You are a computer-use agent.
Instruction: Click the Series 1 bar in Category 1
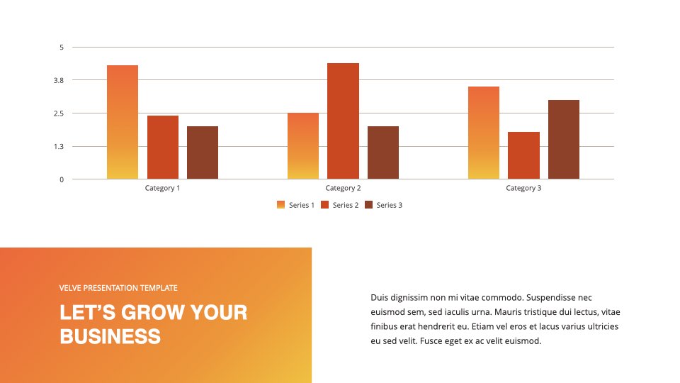pyautogui.click(x=123, y=122)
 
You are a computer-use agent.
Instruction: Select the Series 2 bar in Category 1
pyautogui.click(x=163, y=148)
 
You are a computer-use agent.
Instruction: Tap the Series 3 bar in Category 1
pyautogui.click(x=203, y=152)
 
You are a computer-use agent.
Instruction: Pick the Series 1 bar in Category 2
pyautogui.click(x=303, y=146)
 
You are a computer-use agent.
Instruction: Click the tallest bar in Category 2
pyautogui.click(x=343, y=121)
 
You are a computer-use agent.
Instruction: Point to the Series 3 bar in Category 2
pyautogui.click(x=383, y=152)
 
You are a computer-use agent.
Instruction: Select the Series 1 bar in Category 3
pyautogui.click(x=484, y=133)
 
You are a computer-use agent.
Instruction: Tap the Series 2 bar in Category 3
pyautogui.click(x=524, y=155)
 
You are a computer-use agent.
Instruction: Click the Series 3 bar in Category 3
pyautogui.click(x=564, y=140)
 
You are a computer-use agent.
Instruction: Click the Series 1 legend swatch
pyautogui.click(x=280, y=205)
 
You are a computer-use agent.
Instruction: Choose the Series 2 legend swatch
pyautogui.click(x=325, y=205)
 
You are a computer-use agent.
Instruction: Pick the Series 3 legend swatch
pyautogui.click(x=368, y=205)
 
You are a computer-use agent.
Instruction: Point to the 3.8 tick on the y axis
pyautogui.click(x=59, y=80)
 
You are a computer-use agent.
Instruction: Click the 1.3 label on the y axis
pyautogui.click(x=59, y=147)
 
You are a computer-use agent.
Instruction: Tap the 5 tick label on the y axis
pyautogui.click(x=62, y=48)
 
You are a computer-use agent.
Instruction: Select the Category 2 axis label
pyautogui.click(x=343, y=188)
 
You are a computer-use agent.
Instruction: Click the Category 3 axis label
pyautogui.click(x=523, y=188)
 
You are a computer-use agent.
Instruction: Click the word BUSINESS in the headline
pyautogui.click(x=110, y=336)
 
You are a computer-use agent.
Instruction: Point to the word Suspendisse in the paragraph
pyautogui.click(x=552, y=297)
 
